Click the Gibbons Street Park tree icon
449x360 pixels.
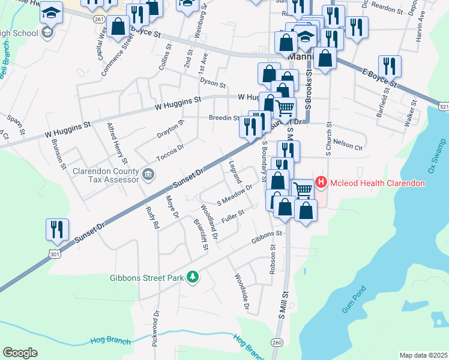193,277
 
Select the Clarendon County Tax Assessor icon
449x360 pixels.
149,175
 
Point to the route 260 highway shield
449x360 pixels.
276,343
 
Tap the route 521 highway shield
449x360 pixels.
444,106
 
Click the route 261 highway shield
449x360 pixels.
100,19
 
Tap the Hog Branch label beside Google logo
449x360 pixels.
110,340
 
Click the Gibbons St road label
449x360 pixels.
267,236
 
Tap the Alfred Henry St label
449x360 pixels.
116,143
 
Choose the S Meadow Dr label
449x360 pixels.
234,195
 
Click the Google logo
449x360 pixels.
20,353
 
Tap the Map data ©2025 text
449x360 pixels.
423,355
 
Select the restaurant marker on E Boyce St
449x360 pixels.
390,67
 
